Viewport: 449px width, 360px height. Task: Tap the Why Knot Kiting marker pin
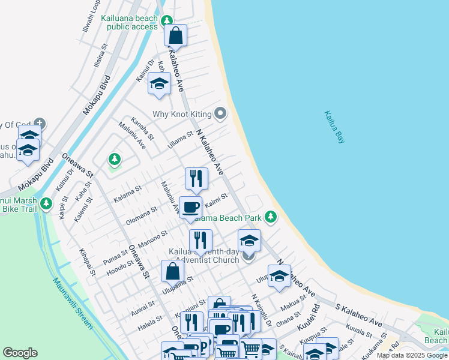click(221, 113)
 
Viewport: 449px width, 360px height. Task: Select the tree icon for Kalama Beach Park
click(271, 216)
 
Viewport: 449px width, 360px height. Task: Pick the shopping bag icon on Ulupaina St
click(173, 271)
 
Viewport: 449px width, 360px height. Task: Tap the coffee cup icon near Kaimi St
click(191, 208)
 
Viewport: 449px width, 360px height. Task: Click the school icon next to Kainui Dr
click(159, 84)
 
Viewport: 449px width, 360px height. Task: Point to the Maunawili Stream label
click(72, 303)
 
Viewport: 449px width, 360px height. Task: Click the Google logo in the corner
click(20, 353)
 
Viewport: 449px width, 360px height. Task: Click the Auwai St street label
click(143, 309)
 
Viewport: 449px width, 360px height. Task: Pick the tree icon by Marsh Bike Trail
click(46, 204)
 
